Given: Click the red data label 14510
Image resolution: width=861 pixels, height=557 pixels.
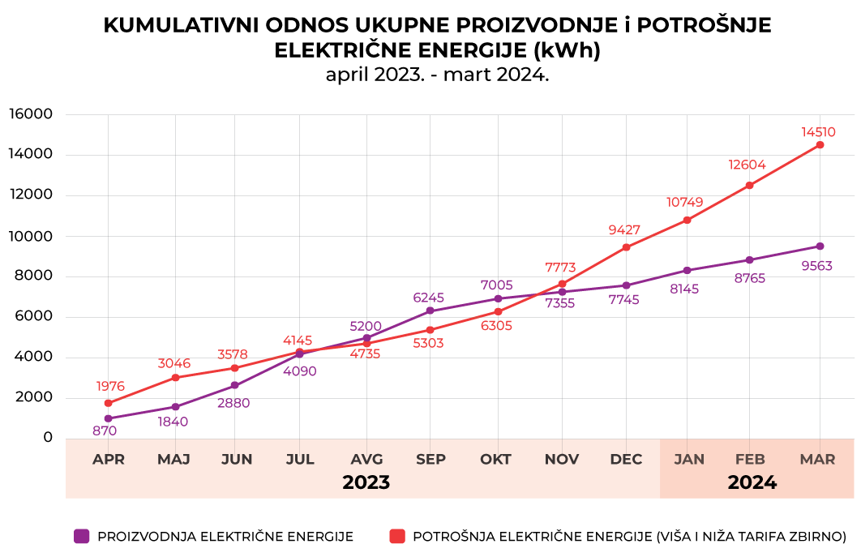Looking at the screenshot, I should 818,132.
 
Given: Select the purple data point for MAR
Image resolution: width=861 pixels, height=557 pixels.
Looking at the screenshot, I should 820,246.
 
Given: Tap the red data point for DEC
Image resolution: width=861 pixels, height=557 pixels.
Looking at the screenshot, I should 626,247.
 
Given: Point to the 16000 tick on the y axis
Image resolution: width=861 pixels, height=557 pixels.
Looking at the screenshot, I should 30,114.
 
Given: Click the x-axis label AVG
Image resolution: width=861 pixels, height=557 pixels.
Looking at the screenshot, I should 366,460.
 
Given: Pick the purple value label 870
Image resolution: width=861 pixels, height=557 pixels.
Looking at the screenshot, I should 105,431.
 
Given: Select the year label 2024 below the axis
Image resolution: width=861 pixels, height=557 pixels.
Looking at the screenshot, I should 752,483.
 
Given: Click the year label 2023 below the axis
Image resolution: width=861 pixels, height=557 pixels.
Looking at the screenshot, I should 366,483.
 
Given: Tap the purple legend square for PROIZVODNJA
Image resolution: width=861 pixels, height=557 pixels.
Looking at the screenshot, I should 81,536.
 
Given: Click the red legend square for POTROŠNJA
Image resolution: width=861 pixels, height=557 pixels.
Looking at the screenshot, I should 396,536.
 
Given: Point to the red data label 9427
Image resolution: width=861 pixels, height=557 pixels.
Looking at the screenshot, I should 625,230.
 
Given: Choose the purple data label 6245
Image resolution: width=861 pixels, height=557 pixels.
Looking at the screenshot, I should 430,298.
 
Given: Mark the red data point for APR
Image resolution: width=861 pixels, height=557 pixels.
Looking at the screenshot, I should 108,403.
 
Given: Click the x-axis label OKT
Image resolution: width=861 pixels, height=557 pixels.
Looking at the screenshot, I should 495,460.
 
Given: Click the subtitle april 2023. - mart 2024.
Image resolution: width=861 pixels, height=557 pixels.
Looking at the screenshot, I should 437,75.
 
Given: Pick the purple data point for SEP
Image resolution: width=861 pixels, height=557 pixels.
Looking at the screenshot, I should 430,311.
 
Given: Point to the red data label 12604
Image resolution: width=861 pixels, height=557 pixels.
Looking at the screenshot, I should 747,165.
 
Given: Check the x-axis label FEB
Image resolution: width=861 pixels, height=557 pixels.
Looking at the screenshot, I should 750,460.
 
